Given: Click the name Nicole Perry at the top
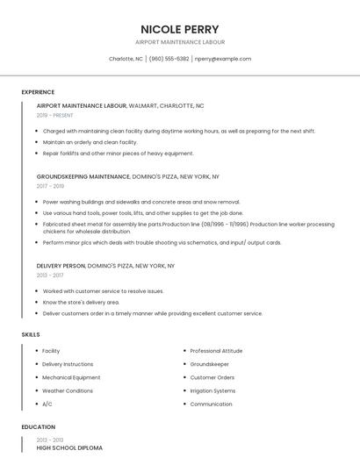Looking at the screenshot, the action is click(x=180, y=29).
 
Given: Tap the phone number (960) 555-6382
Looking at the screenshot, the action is click(x=169, y=59).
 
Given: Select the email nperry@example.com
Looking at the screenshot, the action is click(x=223, y=59).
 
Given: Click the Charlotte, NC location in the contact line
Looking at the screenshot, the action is click(x=126, y=59).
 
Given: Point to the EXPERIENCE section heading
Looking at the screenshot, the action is click(x=38, y=92).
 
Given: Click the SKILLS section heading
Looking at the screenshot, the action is click(x=30, y=334).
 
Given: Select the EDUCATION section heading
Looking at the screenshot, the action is click(x=38, y=427).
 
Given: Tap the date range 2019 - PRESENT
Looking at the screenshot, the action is click(x=55, y=115).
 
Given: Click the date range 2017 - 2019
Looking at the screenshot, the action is click(x=50, y=186).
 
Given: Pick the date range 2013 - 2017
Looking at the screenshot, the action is click(x=50, y=275).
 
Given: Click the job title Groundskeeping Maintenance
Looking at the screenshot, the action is click(x=83, y=176).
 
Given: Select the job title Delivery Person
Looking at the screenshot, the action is click(x=61, y=265).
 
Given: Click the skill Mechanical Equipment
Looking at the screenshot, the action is click(x=71, y=377).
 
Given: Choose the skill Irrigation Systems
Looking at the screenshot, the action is click(x=212, y=390).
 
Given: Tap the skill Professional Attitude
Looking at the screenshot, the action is click(x=216, y=351).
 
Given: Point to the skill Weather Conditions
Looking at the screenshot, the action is click(x=68, y=390).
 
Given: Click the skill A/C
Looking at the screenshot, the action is click(x=47, y=404).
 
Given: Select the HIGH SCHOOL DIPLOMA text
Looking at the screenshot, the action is click(x=69, y=447).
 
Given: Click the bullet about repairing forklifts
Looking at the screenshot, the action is click(x=118, y=153).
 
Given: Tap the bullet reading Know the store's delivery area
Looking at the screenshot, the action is click(x=81, y=302).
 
